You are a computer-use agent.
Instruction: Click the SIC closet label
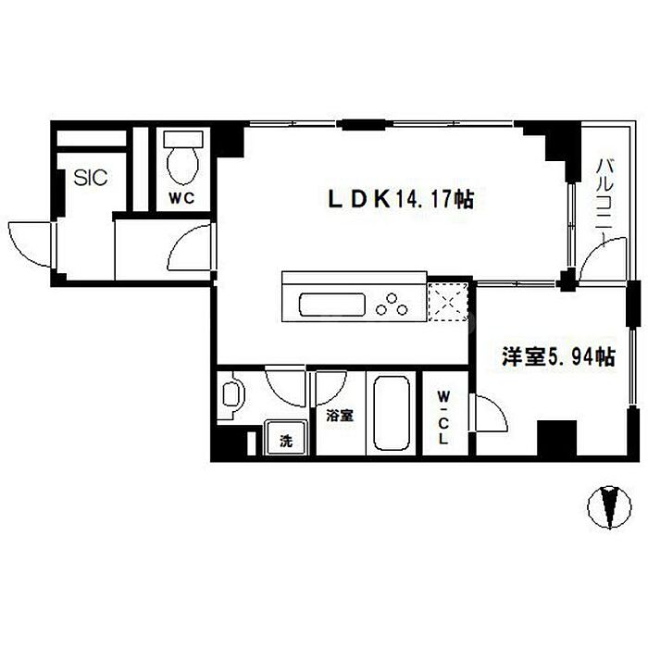click(91, 178)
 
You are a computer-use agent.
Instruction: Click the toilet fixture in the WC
click(181, 159)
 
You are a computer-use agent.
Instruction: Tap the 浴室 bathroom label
click(339, 416)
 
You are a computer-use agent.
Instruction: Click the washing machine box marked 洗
click(285, 441)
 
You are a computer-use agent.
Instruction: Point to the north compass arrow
click(609, 507)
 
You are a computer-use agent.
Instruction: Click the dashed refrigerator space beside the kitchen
click(450, 298)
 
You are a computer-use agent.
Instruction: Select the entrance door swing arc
click(31, 243)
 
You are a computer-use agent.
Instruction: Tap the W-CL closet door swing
click(491, 411)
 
